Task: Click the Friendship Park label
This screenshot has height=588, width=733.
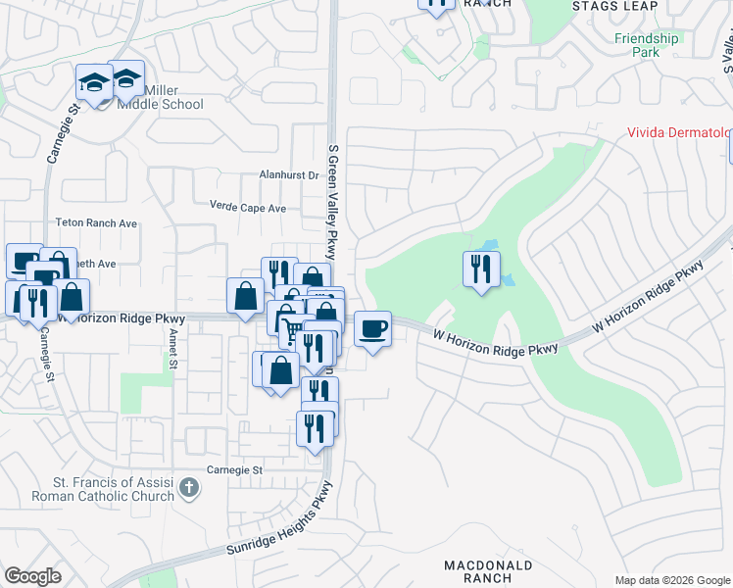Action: [646, 45]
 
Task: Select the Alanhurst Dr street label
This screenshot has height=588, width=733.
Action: [289, 175]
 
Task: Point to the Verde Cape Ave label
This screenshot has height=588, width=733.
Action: [248, 208]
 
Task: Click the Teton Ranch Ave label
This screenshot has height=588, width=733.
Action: [96, 223]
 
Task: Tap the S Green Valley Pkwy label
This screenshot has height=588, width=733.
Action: [332, 205]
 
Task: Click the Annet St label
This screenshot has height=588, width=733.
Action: [172, 348]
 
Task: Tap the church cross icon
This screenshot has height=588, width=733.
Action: [190, 487]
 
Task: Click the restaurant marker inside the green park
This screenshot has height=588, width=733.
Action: [480, 269]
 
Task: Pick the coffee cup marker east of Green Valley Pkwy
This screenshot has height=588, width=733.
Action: [372, 328]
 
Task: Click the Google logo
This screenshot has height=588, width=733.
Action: [33, 576]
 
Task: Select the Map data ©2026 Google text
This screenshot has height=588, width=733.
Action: [672, 580]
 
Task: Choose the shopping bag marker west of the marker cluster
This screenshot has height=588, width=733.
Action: [245, 297]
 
